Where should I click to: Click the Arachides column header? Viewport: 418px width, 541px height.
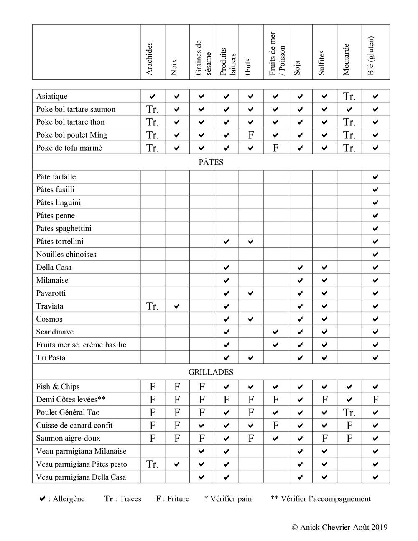150,59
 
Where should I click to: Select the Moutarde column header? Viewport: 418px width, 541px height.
346,59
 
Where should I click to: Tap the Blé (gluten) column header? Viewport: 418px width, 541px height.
371,56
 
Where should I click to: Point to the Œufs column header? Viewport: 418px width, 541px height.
248,66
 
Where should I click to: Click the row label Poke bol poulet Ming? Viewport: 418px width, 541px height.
71,135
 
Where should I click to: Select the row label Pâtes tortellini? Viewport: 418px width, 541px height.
60,241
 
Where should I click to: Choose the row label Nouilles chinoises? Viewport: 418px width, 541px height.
66,254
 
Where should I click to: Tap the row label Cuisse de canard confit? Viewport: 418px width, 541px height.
74,425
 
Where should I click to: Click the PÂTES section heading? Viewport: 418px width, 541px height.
211,162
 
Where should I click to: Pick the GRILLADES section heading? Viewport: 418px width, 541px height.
211,372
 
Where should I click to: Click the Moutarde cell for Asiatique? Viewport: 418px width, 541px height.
349,97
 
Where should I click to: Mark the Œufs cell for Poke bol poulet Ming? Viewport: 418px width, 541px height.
251,135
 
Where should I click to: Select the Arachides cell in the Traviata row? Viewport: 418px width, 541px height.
153,306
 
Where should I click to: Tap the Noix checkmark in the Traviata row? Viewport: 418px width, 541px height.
177,306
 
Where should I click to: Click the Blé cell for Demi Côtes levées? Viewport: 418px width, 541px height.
375,400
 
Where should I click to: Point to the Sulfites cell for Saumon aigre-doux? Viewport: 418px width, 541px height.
325,438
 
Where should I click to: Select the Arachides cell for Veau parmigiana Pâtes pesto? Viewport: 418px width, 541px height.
153,464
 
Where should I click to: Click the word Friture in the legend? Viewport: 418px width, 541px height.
178,499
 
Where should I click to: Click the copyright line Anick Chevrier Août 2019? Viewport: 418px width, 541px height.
339,527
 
